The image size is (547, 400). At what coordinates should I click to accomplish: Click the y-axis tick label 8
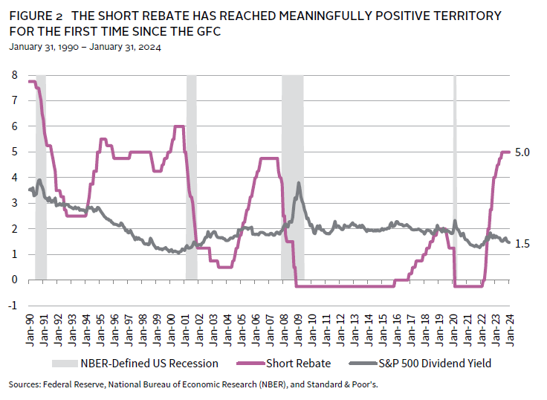14,75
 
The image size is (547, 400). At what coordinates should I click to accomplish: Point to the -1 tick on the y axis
13,306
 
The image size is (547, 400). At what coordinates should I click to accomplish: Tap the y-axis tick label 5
14,152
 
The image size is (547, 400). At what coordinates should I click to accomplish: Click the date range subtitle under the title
85,47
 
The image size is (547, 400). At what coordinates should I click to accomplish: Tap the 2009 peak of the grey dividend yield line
299,183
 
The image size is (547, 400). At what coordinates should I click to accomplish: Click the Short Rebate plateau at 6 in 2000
178,126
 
